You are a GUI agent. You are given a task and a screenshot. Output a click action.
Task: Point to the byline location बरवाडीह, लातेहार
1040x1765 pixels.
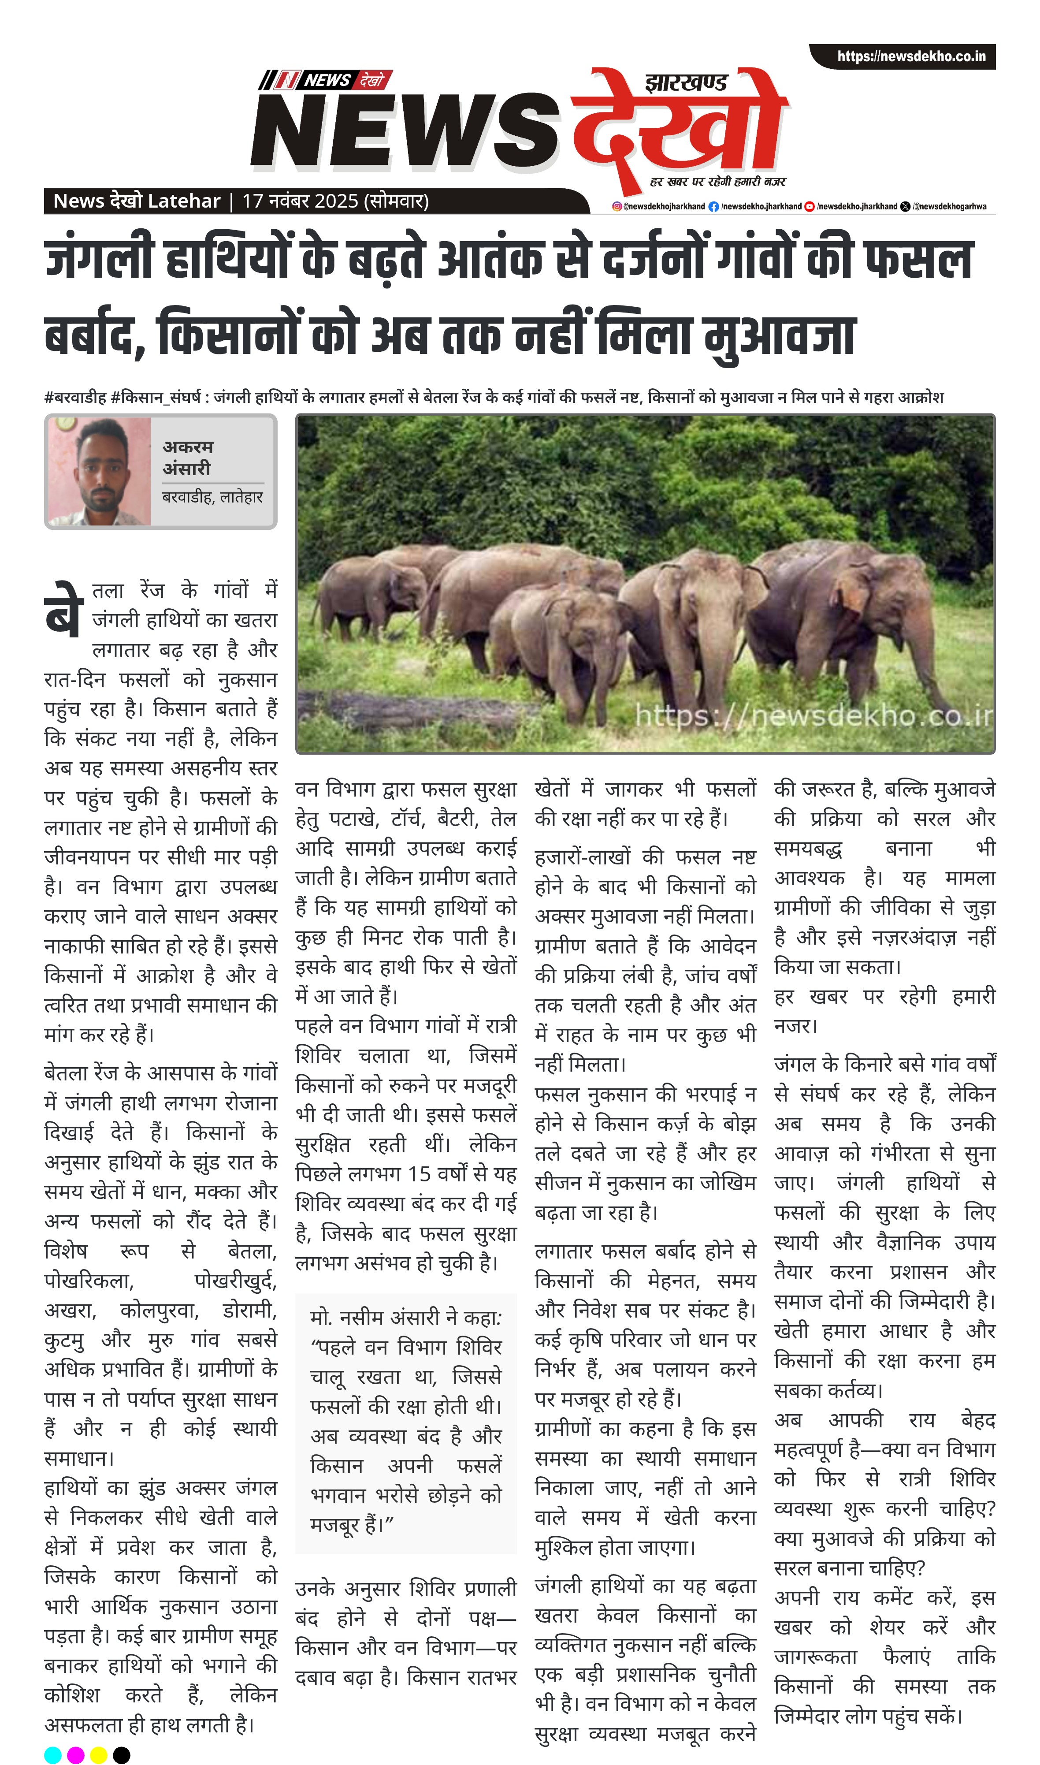coord(212,497)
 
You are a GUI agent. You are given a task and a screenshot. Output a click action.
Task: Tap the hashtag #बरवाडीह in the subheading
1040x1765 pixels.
coord(75,398)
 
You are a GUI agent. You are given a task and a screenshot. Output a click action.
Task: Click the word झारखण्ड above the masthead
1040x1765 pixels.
coord(686,83)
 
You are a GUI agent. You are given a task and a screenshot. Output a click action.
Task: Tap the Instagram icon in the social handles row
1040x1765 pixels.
coord(617,206)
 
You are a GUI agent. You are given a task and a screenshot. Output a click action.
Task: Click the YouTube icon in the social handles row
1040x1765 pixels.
coord(810,206)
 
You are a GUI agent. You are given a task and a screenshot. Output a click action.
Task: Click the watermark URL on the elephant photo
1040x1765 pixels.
coord(813,716)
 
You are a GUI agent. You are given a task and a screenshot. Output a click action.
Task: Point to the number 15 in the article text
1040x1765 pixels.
coord(419,1173)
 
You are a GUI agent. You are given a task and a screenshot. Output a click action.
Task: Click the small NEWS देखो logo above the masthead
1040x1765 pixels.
coord(325,80)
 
